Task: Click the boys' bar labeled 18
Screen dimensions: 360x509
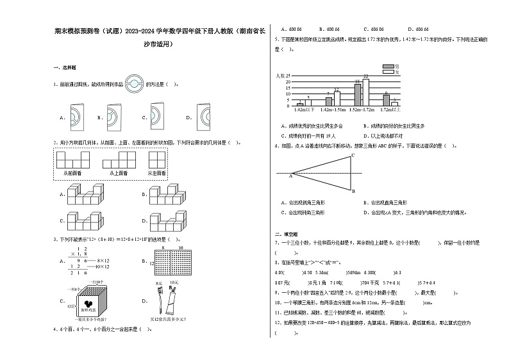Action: coord(357,94)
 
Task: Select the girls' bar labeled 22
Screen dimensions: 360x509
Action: coord(365,92)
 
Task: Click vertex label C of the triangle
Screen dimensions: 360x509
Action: coord(352,156)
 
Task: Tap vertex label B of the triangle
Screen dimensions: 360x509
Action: coord(353,190)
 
